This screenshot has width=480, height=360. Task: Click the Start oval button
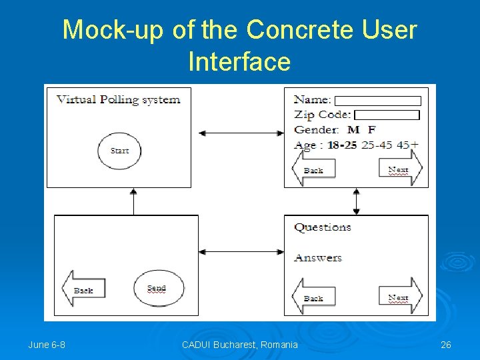pos(119,150)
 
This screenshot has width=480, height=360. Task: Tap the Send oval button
pos(157,288)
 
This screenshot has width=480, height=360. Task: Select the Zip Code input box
pos(386,115)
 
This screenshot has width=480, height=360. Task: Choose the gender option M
pos(353,129)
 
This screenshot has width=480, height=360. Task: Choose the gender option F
pos(371,129)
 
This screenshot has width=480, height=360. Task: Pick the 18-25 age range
pos(342,145)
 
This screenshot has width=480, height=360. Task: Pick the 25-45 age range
pos(377,145)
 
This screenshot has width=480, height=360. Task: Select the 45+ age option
pos(407,145)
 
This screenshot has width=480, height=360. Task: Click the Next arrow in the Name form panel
pos(400,169)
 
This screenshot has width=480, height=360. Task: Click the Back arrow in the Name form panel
pos(313,170)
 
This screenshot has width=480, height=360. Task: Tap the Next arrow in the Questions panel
pos(400,297)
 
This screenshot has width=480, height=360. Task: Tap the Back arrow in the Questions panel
pos(313,298)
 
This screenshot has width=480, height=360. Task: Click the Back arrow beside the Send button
pos(83,290)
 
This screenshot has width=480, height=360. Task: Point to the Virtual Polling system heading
pos(118,100)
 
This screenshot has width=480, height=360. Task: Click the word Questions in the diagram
pos(323,227)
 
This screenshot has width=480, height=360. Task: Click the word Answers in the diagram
pos(318,258)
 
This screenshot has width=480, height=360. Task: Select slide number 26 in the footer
pos(446,345)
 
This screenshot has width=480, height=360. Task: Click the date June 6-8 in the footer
pos(47,345)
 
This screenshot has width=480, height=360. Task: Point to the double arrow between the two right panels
pos(356,201)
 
